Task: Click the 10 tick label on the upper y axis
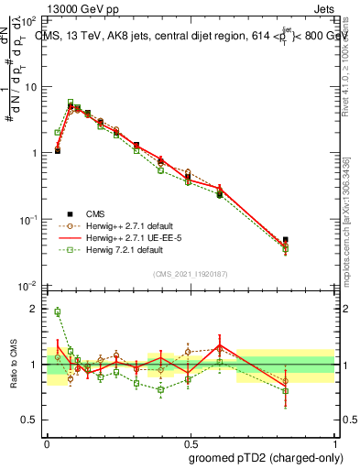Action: [x=31, y=87]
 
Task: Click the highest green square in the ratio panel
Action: [x=57, y=311]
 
